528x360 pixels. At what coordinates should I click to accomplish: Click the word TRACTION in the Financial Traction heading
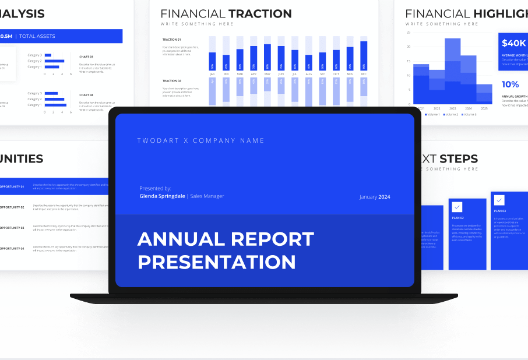point(260,13)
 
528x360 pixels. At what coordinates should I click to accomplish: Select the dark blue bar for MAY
point(267,57)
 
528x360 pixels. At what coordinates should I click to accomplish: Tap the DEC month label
point(364,75)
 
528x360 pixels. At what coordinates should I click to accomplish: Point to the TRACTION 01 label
point(171,40)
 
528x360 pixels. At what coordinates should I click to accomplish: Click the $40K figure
point(513,43)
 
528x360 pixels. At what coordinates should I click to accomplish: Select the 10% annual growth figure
point(510,84)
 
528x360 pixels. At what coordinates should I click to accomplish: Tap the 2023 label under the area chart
point(453,109)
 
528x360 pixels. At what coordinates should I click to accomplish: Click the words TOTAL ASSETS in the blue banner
point(37,36)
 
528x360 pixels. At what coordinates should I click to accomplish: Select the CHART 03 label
point(86,57)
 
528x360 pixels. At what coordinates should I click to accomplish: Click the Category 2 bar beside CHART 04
point(55,99)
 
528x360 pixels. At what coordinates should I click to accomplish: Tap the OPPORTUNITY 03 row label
point(12,228)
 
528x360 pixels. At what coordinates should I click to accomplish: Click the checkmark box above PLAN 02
point(457,207)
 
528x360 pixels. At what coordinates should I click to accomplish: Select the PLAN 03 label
point(499,211)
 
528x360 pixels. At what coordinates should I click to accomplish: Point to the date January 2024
point(375,197)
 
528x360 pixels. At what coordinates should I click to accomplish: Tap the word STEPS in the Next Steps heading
point(459,158)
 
